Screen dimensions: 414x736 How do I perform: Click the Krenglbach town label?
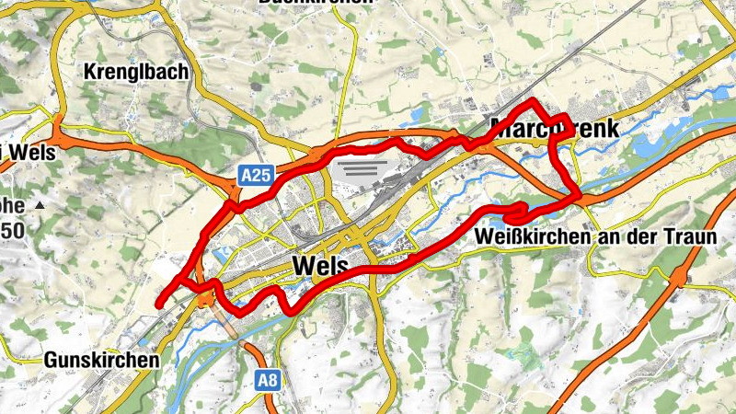(135, 71)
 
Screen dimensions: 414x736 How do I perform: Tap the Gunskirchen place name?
(101, 360)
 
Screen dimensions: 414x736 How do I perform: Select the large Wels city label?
(321, 266)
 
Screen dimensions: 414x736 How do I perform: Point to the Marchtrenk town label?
(555, 128)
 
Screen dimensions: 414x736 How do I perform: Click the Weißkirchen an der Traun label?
(595, 237)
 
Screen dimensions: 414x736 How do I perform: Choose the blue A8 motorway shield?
(268, 378)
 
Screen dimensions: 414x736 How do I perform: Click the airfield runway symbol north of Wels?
(360, 169)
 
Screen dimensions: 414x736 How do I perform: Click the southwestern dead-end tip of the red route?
(158, 304)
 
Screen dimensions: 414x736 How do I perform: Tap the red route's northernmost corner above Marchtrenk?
(535, 99)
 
